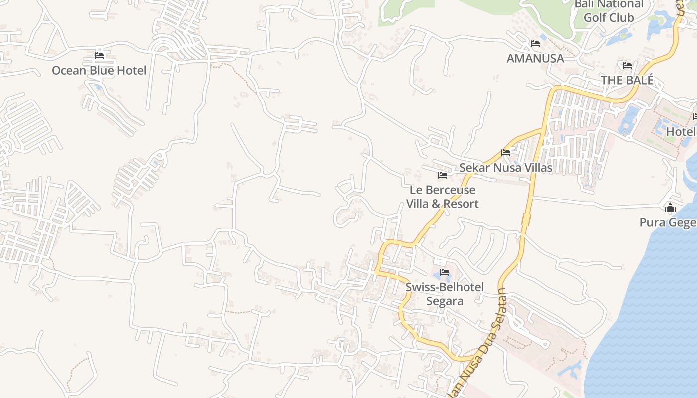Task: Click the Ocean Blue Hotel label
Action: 99,70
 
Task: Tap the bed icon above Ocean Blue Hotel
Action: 99,55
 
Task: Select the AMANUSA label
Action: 535,58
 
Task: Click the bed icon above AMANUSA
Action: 535,44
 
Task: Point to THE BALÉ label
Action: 627,80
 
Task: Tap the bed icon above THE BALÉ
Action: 627,65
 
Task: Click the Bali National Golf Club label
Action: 609,11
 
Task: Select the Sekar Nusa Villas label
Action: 505,167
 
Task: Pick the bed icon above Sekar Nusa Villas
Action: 506,153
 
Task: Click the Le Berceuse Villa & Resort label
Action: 443,197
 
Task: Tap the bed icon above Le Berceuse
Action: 442,175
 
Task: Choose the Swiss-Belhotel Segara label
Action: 445,294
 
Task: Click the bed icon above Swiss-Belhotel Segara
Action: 445,272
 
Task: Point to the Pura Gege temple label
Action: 668,222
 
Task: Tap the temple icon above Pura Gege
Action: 670,208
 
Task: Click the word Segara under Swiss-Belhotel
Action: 445,301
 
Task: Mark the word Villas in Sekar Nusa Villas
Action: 535,167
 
